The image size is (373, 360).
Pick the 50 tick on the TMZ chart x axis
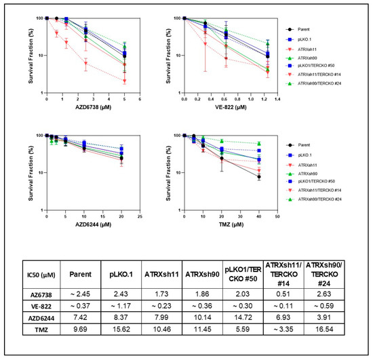tap(277, 217)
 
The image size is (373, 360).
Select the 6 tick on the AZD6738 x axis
tap(139, 99)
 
